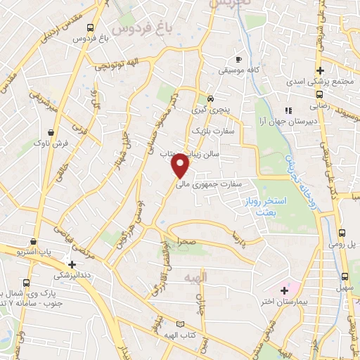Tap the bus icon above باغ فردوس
pos(89,27)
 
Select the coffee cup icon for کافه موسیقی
pos(238,60)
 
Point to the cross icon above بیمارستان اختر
pos(284,290)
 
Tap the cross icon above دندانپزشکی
pos(72,264)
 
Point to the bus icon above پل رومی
pos(342,233)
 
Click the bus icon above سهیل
pos(345,276)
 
